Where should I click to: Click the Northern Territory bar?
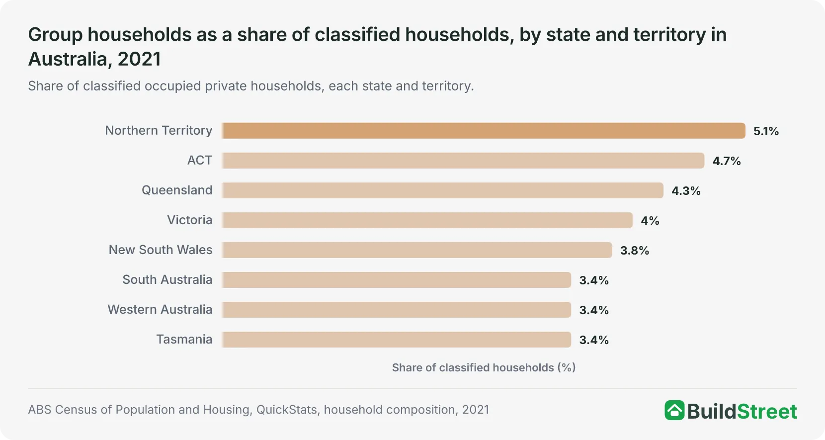coord(483,131)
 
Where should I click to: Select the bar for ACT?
coord(463,161)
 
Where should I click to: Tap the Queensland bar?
coord(442,190)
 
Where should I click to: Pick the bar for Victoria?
coord(427,220)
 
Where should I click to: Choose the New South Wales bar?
coord(416,250)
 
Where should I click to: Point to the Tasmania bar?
coord(396,340)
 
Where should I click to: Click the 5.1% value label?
coord(766,131)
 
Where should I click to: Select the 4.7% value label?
coord(727,161)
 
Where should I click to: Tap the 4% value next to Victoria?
coord(650,221)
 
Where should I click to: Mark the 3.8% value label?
coord(635,251)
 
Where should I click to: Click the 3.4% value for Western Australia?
coord(594,310)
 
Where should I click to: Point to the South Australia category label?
coord(167,280)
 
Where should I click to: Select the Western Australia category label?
coord(160,310)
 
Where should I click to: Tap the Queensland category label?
coord(177,190)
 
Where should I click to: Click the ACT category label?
coord(200,160)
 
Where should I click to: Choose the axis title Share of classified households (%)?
coord(484,367)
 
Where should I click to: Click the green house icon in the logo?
coord(674,410)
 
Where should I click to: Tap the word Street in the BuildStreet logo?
coord(767,411)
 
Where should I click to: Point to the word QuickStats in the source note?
coord(287,410)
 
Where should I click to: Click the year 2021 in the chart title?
coord(139,59)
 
